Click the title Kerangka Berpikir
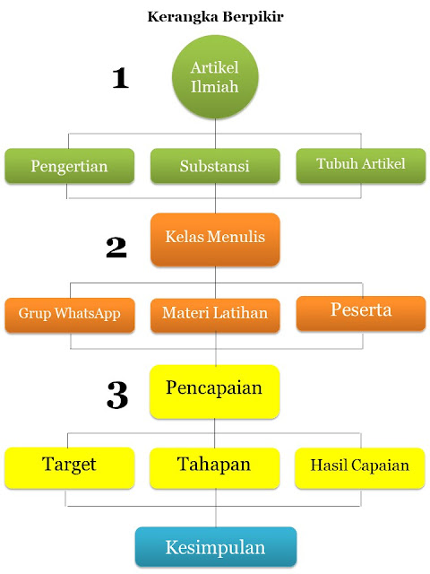215,17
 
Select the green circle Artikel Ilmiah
215,77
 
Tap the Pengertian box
69,165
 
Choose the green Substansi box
215,165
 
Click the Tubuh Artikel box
361,165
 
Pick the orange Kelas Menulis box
215,239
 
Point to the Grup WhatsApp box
70,315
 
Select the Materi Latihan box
215,315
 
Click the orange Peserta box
361,313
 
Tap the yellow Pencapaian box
215,392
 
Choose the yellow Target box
70,468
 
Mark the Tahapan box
215,468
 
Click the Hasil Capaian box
360,468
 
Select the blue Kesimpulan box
216,546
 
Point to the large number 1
120,78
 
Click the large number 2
116,248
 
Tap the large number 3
117,395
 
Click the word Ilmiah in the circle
215,87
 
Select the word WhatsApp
88,314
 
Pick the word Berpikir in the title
254,17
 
